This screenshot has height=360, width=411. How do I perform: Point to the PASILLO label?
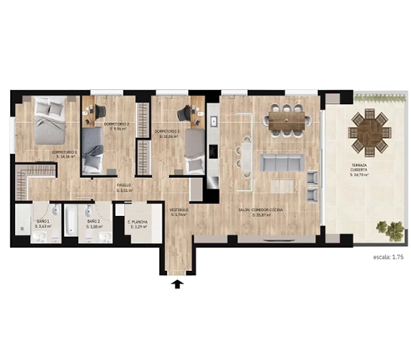(124, 187)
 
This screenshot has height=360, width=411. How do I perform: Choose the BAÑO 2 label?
(93, 224)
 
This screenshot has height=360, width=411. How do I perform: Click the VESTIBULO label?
(178, 213)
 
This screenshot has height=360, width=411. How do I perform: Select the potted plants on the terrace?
(385, 226)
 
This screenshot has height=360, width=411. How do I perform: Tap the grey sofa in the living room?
(283, 161)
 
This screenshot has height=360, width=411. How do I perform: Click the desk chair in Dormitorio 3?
(188, 111)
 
